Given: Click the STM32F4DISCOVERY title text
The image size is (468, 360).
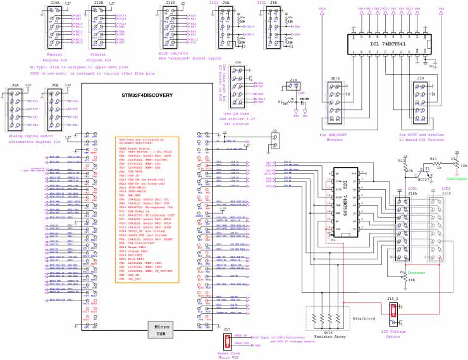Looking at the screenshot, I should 147,95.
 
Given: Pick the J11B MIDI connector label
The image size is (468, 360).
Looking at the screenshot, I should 169,3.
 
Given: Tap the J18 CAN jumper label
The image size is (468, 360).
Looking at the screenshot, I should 293,80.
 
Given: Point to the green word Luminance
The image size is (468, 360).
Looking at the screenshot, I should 448,179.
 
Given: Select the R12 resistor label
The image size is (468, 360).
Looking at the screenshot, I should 401,161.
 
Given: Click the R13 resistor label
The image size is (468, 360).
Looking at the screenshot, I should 433,159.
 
